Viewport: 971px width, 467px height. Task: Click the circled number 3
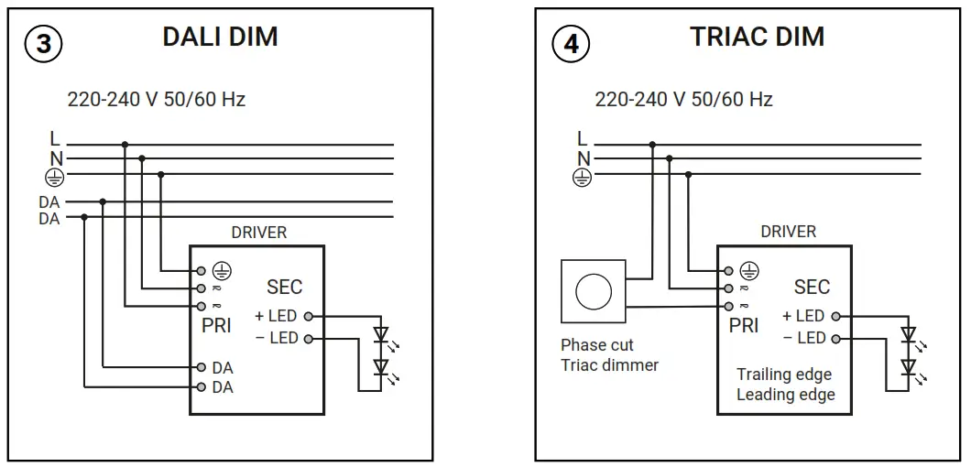pos(42,44)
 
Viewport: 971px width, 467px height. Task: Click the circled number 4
pos(570,44)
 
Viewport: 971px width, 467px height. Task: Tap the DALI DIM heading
pos(220,37)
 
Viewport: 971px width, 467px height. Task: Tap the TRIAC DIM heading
pos(757,37)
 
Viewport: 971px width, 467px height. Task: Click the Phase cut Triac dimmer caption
pos(609,355)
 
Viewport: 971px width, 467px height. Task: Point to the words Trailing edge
pos(785,375)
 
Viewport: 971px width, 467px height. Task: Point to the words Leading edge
pos(785,395)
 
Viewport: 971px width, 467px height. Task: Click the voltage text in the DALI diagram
pos(157,99)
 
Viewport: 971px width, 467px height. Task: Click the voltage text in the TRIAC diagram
pos(683,99)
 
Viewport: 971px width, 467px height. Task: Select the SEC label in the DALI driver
pos(284,288)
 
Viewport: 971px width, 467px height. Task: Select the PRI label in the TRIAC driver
pos(744,325)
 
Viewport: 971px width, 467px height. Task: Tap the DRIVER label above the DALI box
pos(258,233)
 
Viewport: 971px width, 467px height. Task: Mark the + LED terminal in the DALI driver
pos(284,316)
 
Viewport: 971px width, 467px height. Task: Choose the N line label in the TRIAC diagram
pos(583,157)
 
